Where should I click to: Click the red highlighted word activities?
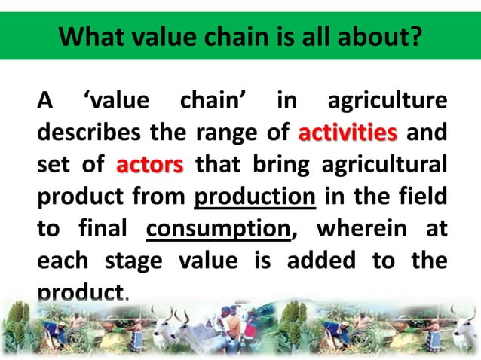(348, 134)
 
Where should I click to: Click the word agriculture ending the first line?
(384, 102)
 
